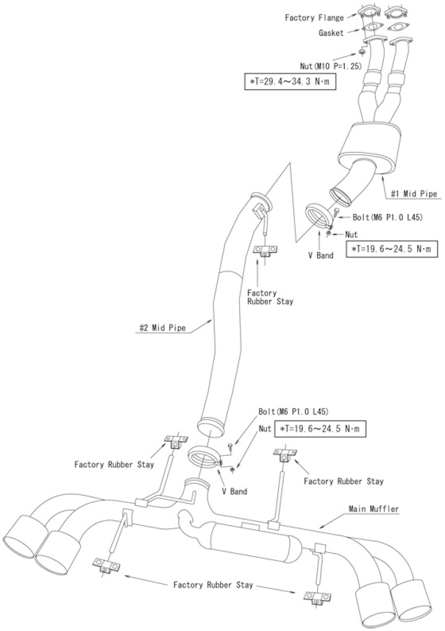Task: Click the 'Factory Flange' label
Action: click(314, 18)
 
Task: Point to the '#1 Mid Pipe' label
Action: click(414, 194)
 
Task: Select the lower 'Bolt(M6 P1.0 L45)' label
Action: click(294, 411)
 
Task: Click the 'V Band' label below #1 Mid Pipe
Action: click(321, 254)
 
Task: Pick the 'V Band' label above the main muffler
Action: click(235, 491)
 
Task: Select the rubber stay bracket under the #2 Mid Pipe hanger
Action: click(266, 251)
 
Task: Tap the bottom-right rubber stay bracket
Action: click(317, 597)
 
